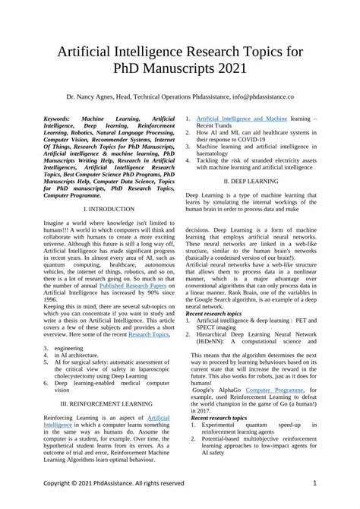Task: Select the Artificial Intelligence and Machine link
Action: point(242,120)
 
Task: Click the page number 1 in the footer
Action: point(314,482)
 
